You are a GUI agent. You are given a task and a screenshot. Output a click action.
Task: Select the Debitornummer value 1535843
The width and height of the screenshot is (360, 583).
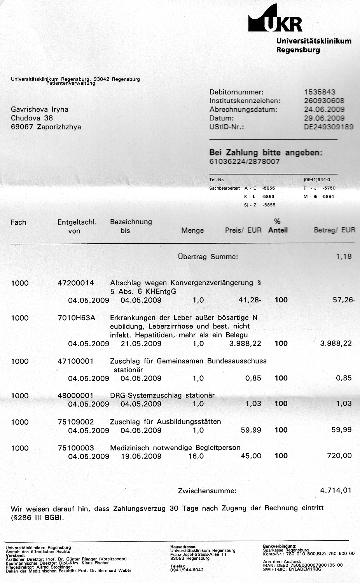(x=320, y=92)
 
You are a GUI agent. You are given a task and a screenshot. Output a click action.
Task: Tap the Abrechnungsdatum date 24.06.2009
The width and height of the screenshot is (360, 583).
(x=324, y=109)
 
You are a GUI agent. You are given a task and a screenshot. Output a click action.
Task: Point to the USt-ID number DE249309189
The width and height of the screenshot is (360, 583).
(x=329, y=127)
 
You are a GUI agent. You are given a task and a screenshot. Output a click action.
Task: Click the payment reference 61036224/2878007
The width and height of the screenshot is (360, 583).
(x=244, y=162)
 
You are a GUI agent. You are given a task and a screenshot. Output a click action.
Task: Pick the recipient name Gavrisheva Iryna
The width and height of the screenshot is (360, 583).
(x=40, y=109)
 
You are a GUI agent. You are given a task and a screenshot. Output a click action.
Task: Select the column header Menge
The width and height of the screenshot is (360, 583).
(x=192, y=230)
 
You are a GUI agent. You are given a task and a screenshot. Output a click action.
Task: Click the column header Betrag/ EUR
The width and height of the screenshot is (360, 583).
(x=334, y=230)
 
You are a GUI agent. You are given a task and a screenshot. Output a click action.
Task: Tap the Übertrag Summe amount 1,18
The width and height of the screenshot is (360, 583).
(x=344, y=257)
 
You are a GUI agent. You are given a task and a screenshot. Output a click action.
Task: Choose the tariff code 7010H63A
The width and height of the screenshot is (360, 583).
(x=76, y=318)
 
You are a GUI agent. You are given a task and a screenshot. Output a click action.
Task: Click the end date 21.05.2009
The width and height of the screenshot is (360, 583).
(x=141, y=344)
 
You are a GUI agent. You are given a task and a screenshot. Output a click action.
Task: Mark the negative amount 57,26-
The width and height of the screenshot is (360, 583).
(x=344, y=300)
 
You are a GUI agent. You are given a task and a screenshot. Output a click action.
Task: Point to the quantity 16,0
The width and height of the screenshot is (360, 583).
(x=196, y=456)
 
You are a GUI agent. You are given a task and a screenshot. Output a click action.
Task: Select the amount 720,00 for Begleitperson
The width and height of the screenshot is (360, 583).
(x=339, y=456)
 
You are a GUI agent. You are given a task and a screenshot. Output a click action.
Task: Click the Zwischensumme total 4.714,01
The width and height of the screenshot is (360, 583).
(x=336, y=490)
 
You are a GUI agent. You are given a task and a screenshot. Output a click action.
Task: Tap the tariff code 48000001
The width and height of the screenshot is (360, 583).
(x=75, y=396)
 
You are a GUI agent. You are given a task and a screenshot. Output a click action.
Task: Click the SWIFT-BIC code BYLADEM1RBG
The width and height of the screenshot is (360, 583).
(x=306, y=569)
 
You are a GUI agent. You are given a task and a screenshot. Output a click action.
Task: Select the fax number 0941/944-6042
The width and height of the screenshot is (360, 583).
(x=187, y=570)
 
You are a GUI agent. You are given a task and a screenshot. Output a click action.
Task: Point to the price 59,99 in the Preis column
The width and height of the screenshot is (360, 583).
(x=251, y=430)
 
